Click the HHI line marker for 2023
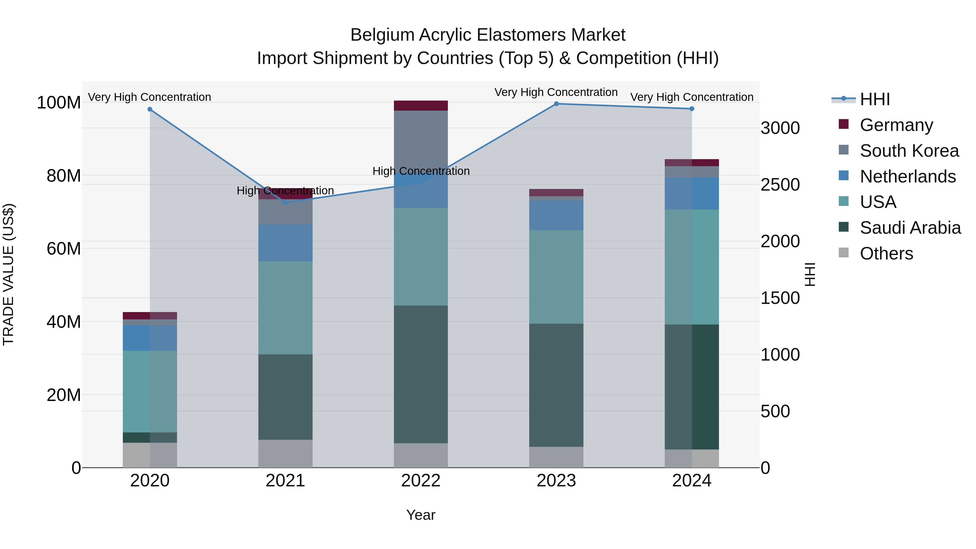pos(556,104)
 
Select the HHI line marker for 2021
pos(285,203)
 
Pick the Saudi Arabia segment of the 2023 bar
pos(556,385)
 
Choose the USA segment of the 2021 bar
pos(285,308)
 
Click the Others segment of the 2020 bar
pos(150,455)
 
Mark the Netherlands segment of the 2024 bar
pos(692,193)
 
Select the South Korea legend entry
pos(909,151)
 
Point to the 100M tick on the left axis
pos(59,103)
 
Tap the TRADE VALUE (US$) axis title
pos(8,274)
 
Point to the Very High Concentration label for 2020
pos(149,97)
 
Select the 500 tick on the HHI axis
pos(775,412)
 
